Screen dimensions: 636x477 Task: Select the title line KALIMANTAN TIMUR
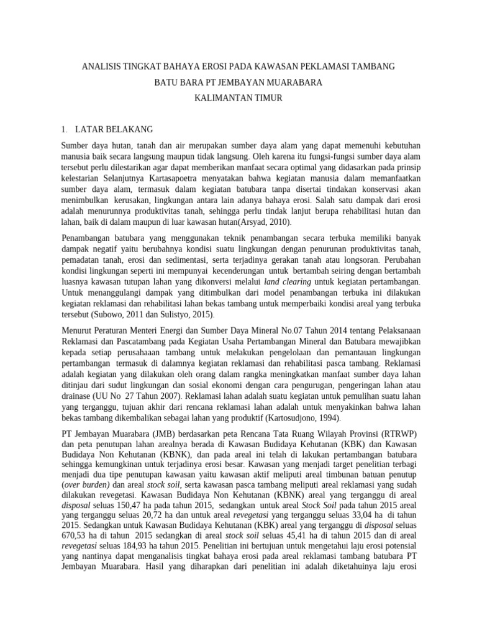pyautogui.click(x=238, y=98)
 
